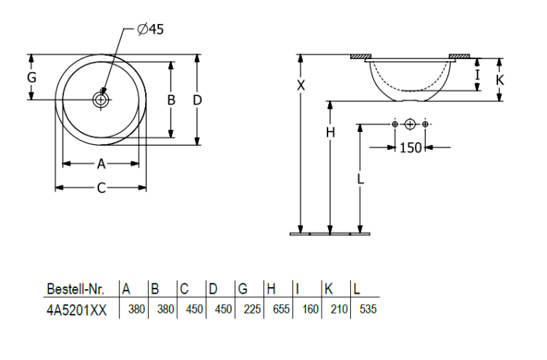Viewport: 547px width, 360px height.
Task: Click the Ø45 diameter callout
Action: click(150, 29)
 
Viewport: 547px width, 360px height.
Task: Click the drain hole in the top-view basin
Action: click(101, 100)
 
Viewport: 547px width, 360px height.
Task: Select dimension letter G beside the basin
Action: click(32, 77)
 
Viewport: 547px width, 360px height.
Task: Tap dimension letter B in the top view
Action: click(171, 100)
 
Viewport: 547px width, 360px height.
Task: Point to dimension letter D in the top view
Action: click(197, 100)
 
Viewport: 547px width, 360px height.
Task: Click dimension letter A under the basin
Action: click(101, 163)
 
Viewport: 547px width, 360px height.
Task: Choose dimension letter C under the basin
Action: click(101, 188)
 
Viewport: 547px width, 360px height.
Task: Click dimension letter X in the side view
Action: click(300, 85)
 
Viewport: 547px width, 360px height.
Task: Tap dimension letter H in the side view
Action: click(330, 133)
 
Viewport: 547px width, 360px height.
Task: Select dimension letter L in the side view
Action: click(360, 179)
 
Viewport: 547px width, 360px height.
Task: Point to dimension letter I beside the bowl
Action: click(478, 75)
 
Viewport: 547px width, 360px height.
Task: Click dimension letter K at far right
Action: click(500, 80)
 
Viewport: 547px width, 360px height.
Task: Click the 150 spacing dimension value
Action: click(410, 148)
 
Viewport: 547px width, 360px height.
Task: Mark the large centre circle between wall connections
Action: click(410, 124)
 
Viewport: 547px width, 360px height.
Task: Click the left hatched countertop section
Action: click(361, 56)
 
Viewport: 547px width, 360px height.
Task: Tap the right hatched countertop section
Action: click(459, 56)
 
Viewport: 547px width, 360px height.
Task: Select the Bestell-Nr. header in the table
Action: click(76, 289)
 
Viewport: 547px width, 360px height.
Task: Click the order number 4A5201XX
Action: click(77, 310)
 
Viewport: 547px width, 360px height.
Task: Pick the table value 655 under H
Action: click(282, 309)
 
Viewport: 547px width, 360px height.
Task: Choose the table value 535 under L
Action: click(368, 309)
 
